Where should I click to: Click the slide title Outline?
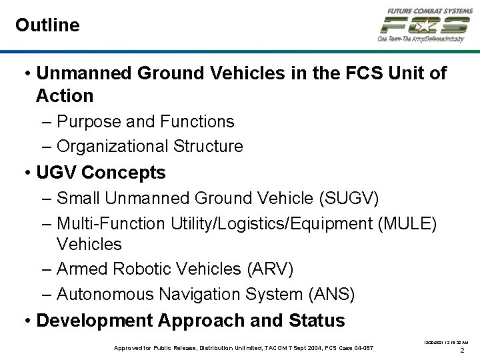pos(47,25)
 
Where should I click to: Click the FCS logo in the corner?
pos(425,25)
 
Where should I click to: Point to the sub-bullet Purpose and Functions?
pos(145,121)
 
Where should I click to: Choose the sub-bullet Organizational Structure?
pos(150,146)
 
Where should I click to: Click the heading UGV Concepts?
pos(101,173)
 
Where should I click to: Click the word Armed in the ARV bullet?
pos(83,269)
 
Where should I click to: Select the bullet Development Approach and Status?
pos(191,321)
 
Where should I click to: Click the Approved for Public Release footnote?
pos(244,348)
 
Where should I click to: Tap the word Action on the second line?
pos(65,96)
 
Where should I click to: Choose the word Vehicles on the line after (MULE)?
pos(89,244)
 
